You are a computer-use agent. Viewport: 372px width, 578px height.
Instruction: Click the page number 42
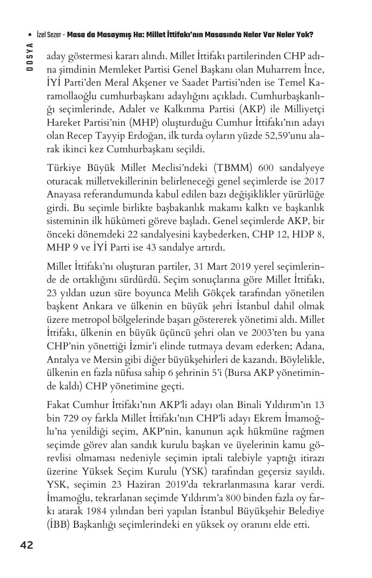[x=27, y=544]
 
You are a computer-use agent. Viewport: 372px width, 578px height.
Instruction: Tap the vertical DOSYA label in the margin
[x=29, y=56]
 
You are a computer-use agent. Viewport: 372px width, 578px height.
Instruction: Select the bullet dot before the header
[x=30, y=35]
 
